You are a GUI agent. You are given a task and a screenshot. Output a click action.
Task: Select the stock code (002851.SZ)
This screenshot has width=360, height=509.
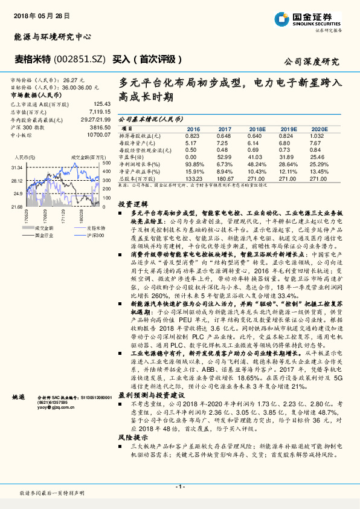80,59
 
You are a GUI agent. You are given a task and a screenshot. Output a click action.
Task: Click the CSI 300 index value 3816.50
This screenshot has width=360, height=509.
101,128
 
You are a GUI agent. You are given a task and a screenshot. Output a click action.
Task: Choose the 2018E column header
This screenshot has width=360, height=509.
257,129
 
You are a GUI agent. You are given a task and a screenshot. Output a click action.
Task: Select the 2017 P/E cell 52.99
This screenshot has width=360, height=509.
225,157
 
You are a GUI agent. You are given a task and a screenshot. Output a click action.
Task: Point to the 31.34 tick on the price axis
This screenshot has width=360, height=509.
16,167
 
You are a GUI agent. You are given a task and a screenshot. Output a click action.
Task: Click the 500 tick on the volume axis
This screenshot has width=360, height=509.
106,163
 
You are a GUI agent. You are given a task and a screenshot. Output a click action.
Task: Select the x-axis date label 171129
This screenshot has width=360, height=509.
62,214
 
